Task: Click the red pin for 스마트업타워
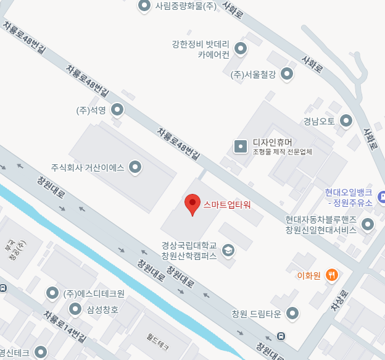pyautogui.click(x=193, y=204)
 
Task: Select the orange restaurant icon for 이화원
pyautogui.click(x=332, y=275)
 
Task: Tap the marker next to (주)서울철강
pyautogui.click(x=287, y=75)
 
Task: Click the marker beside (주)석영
pyautogui.click(x=117, y=111)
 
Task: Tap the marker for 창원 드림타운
pyautogui.click(x=293, y=314)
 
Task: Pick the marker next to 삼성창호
pyautogui.click(x=75, y=309)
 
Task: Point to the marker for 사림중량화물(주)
pyautogui.click(x=144, y=6)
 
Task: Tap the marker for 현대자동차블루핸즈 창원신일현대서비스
pyautogui.click(x=368, y=224)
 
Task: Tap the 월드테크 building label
pyautogui.click(x=158, y=341)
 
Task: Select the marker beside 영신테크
pyautogui.click(x=41, y=353)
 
